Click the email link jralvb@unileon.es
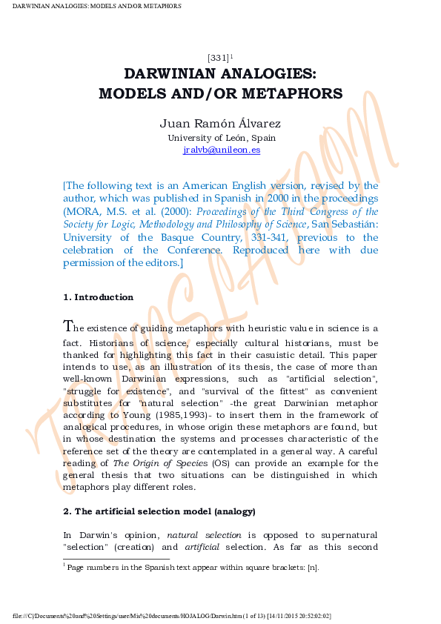[x=221, y=150]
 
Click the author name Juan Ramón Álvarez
[x=221, y=124]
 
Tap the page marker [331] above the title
[x=218, y=58]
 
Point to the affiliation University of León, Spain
[x=221, y=138]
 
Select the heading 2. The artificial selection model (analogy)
[x=159, y=511]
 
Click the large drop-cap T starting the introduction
[x=68, y=327]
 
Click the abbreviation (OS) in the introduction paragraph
[x=219, y=464]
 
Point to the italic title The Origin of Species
[x=159, y=464]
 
